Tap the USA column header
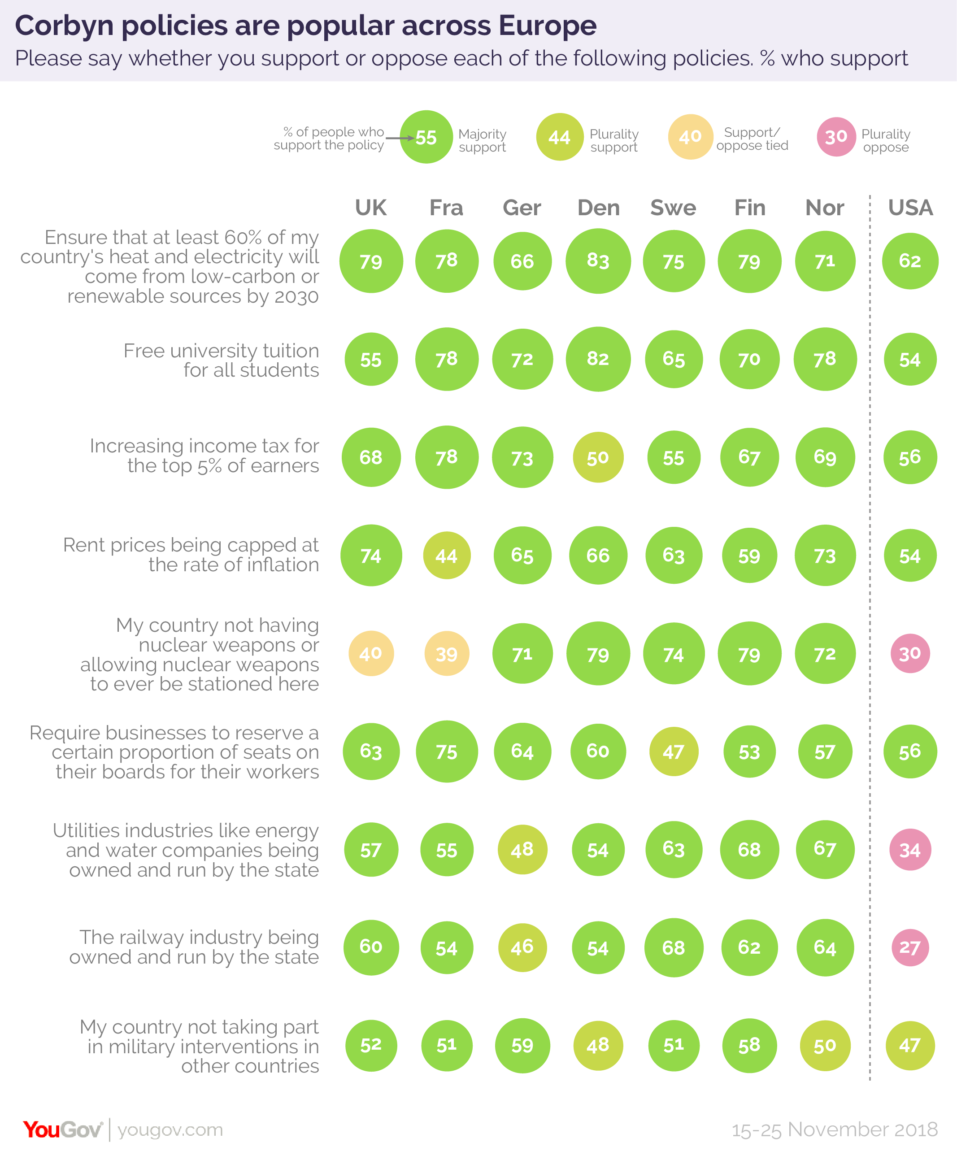(910, 208)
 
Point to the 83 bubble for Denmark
(598, 261)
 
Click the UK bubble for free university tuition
(371, 360)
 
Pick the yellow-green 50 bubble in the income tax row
(598, 457)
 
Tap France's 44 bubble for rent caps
(447, 556)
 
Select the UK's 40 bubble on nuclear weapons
(371, 653)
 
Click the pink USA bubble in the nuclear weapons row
(910, 653)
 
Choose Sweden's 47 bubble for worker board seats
(674, 751)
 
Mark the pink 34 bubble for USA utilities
(910, 850)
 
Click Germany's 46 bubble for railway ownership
(522, 947)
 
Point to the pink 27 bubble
(910, 947)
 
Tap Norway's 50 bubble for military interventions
(825, 1045)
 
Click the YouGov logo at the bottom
(62, 1129)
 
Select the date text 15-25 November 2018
(834, 1129)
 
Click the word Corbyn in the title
(66, 26)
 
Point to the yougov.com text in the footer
(170, 1129)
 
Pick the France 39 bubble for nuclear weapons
(447, 653)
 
